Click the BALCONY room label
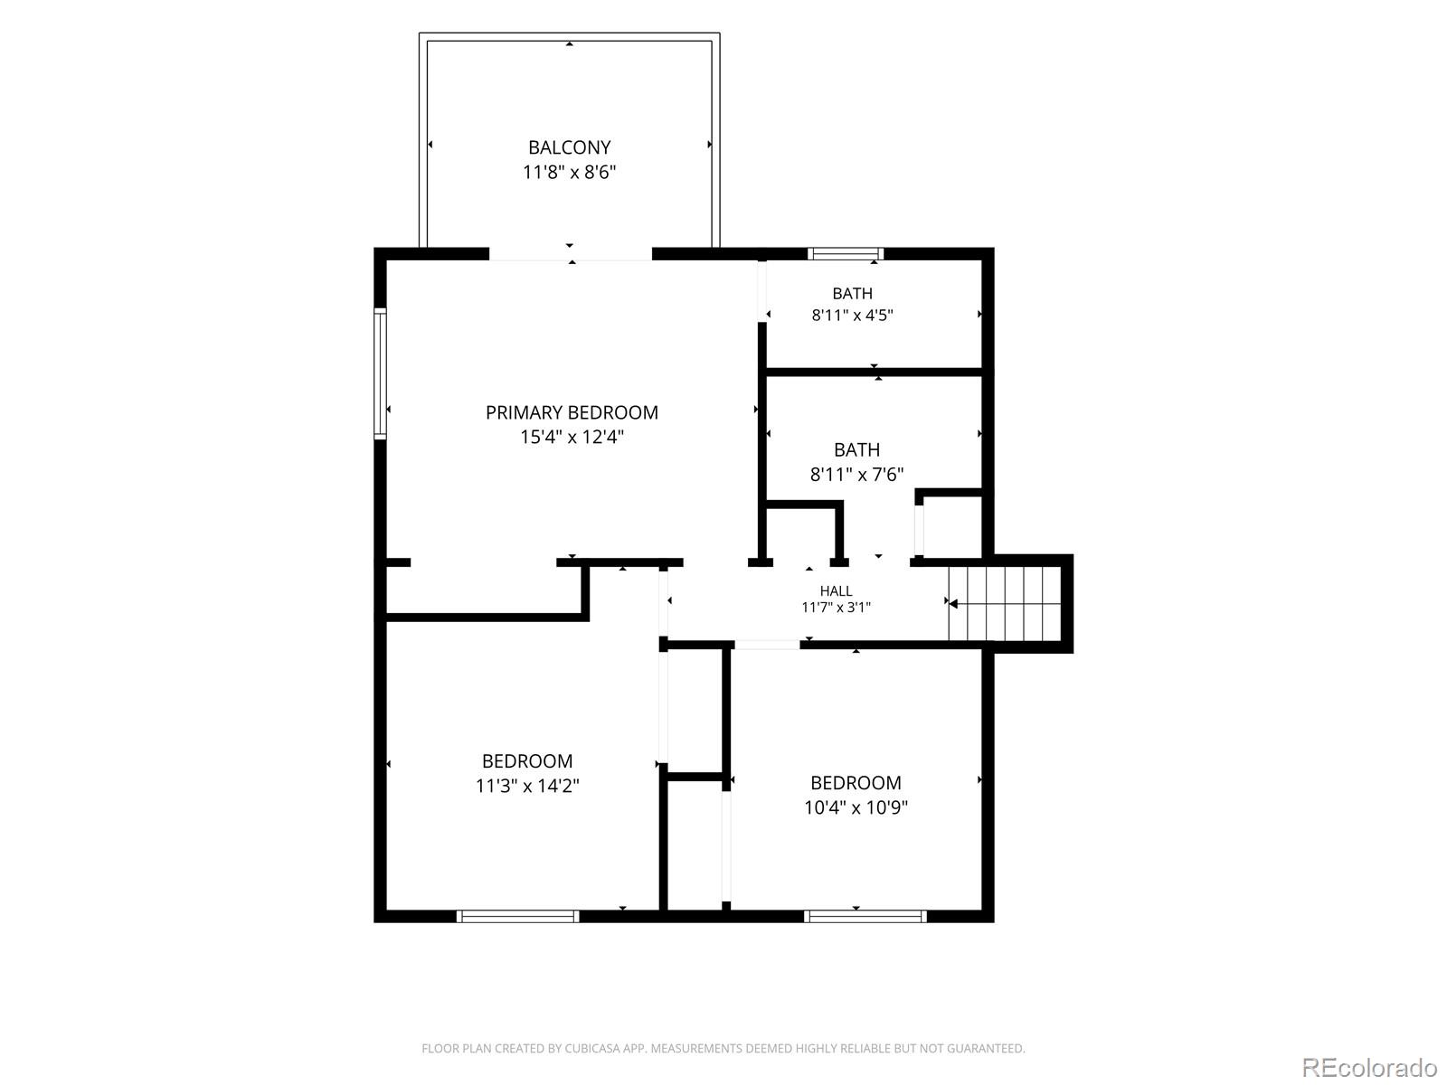pos(569,146)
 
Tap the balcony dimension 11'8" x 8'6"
pos(569,172)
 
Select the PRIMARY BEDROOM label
pos(572,412)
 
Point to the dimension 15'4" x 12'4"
pos(572,437)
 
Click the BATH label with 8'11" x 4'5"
pos(852,293)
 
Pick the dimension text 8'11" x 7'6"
pos(856,475)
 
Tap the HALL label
pos(836,591)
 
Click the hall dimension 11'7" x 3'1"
pos(836,608)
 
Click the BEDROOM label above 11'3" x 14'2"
pos(526,761)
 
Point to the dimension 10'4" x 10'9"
pos(856,807)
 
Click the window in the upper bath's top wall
pos(845,254)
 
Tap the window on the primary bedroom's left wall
pos(380,373)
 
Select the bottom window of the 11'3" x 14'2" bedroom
pos(517,916)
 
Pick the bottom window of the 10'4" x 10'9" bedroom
pos(865,916)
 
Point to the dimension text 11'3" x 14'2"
pos(526,785)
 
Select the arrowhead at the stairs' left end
pos(953,603)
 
